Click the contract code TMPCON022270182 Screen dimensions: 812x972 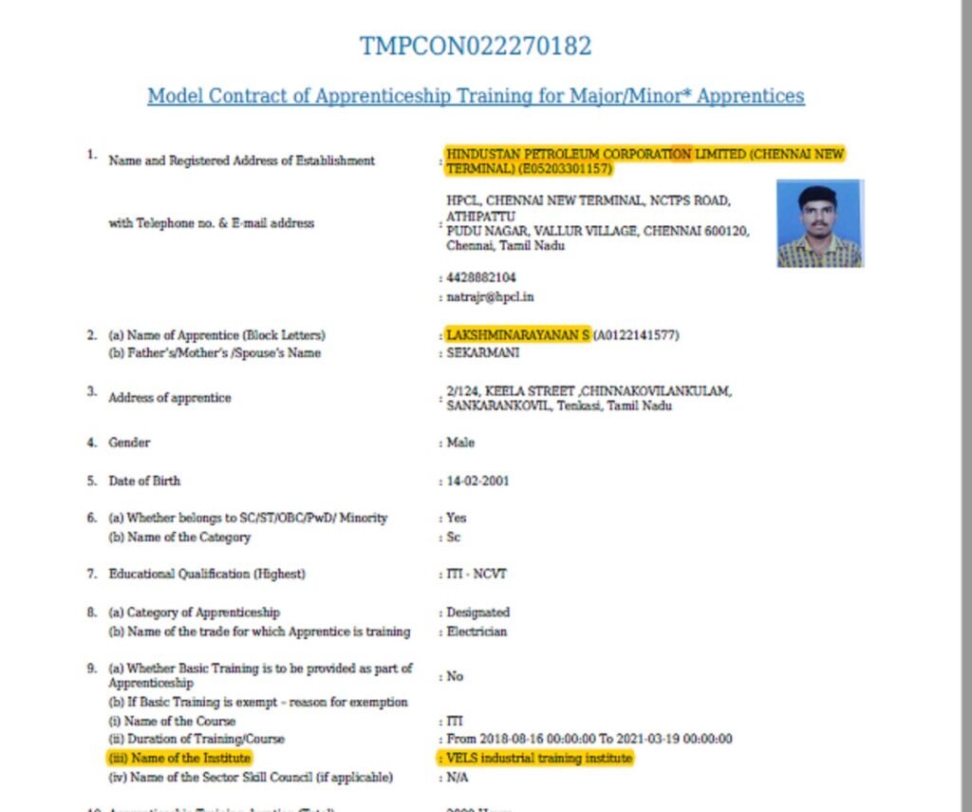click(x=476, y=46)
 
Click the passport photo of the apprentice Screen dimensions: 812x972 click(x=819, y=224)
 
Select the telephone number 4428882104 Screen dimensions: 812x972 click(x=481, y=278)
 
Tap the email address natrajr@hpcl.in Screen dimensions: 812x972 click(x=490, y=297)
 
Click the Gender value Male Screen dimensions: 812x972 click(x=460, y=443)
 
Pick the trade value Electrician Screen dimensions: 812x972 click(x=477, y=632)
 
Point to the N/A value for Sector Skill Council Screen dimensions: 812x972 click(x=458, y=778)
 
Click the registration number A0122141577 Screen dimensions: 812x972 click(x=636, y=335)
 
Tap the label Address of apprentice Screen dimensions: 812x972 click(x=169, y=398)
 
